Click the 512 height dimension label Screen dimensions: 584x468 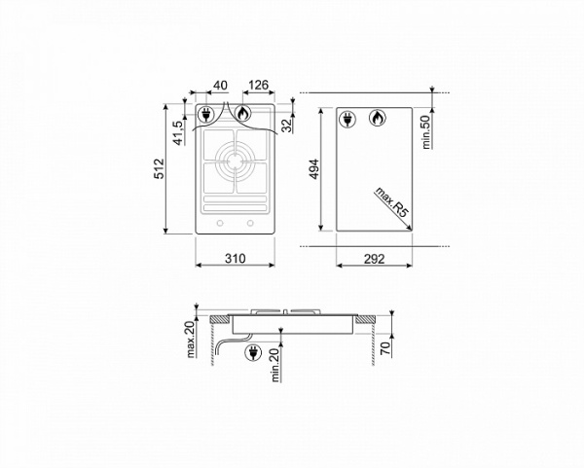click(x=159, y=168)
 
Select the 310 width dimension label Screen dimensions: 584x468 click(x=235, y=258)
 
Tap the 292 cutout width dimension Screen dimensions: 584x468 click(x=374, y=259)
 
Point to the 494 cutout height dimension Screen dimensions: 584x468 click(x=314, y=169)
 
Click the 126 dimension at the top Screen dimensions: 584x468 click(x=258, y=86)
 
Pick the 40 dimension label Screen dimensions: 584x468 click(x=220, y=86)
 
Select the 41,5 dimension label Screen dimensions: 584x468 click(x=179, y=132)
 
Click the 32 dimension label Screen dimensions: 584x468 click(x=287, y=126)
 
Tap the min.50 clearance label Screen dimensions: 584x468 click(x=426, y=131)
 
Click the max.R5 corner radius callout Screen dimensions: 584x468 click(x=391, y=202)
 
